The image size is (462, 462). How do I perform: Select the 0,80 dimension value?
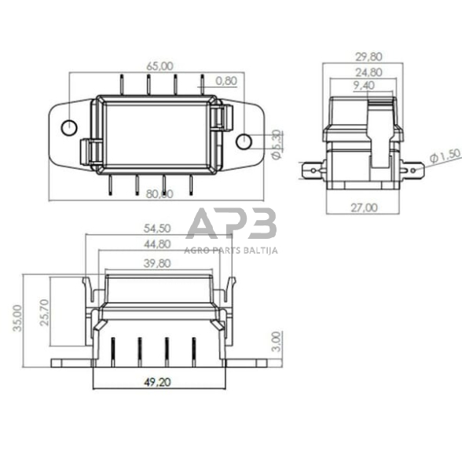pos(225,80)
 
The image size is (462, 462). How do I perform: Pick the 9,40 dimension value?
pos(365,86)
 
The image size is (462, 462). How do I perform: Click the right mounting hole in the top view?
pos(244,141)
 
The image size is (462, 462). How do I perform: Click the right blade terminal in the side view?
pos(409,168)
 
